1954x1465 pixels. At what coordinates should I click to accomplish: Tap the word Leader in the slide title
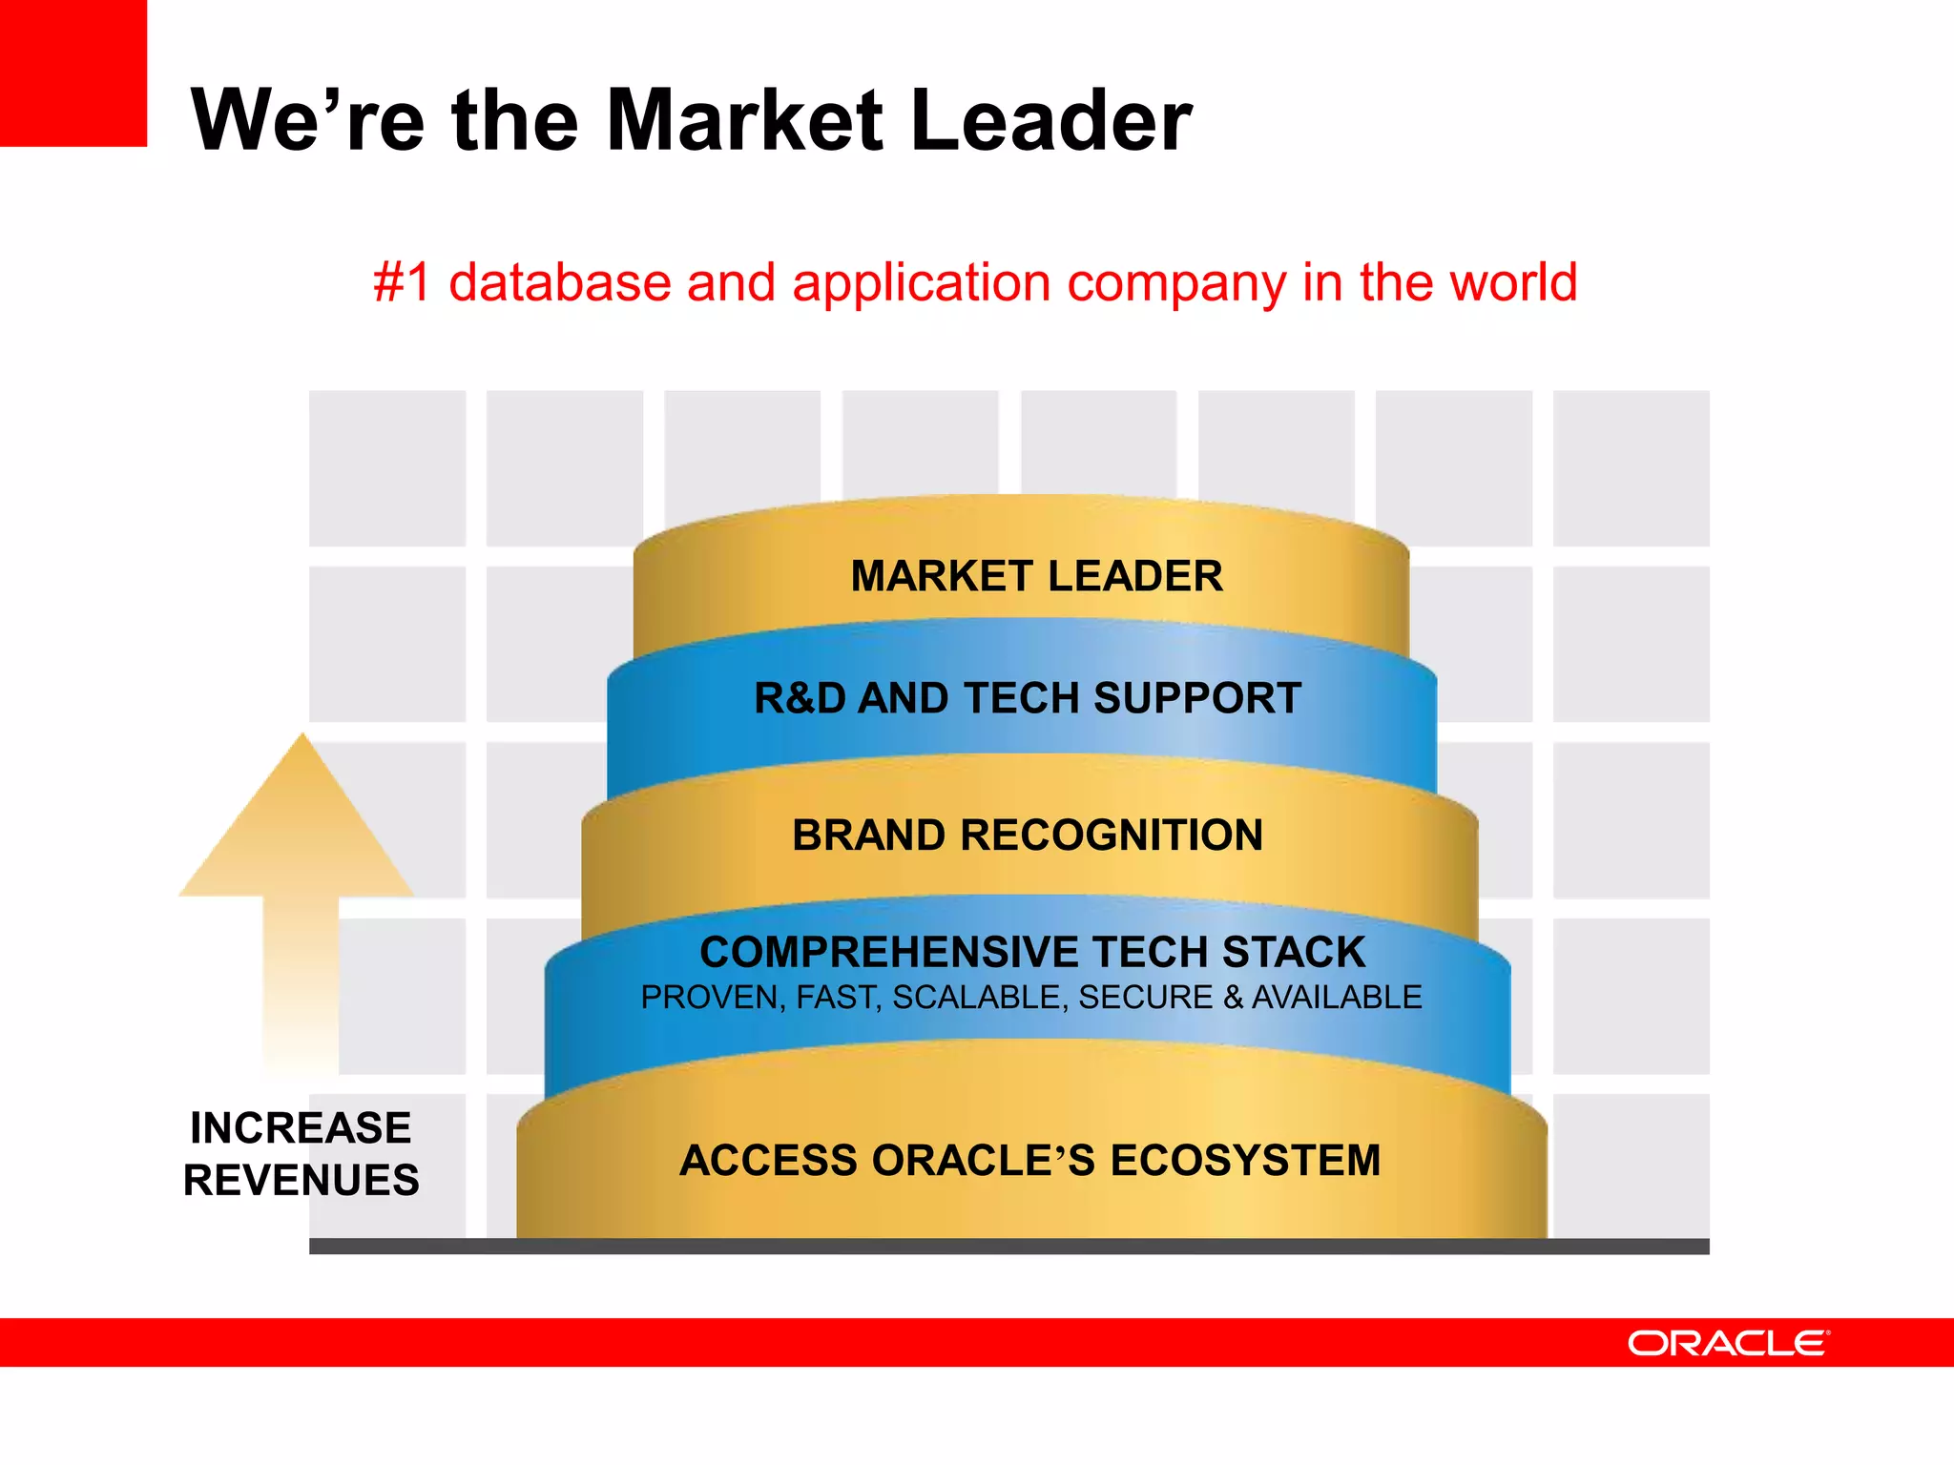click(x=1050, y=120)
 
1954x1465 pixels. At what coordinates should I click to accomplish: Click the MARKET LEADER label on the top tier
click(x=1036, y=576)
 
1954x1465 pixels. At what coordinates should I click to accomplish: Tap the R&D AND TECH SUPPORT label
click(x=1028, y=698)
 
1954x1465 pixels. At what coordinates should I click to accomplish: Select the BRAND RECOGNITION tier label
click(x=1028, y=836)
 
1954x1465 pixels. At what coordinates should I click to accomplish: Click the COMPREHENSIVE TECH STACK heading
click(x=1032, y=952)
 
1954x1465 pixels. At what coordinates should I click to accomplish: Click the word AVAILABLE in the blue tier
click(x=1336, y=998)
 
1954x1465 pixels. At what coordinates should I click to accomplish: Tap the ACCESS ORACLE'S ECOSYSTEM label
click(x=1029, y=1161)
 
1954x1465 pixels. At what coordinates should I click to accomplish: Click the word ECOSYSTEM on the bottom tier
click(x=1245, y=1161)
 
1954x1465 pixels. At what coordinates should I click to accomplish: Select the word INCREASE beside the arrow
click(x=301, y=1128)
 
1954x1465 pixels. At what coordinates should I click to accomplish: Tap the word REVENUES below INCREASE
click(x=301, y=1181)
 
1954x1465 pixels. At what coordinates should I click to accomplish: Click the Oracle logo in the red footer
click(x=1728, y=1343)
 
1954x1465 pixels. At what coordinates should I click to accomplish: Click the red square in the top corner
click(x=73, y=72)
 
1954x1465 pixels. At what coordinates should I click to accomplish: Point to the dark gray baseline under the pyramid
click(x=1008, y=1247)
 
